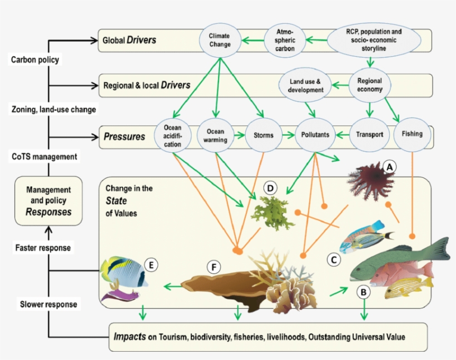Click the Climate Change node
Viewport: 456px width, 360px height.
(219, 40)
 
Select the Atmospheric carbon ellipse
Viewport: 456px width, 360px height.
(286, 40)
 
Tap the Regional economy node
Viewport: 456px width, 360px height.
(369, 85)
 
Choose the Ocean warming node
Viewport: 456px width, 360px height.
(215, 136)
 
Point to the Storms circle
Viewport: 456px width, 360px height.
(263, 134)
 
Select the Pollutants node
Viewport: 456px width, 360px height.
(315, 134)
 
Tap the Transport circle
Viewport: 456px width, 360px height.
(369, 134)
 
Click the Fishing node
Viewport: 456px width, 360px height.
(412, 134)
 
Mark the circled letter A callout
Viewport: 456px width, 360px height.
(389, 166)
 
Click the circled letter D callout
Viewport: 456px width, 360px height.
(270, 188)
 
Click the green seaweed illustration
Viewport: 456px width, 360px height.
(265, 213)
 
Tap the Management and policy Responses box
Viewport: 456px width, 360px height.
(48, 200)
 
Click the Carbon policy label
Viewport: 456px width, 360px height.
(34, 59)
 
